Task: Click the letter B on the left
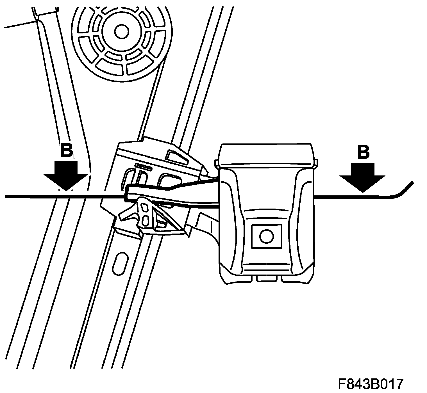67,150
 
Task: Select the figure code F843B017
371,383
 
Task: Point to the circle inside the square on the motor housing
267,236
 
